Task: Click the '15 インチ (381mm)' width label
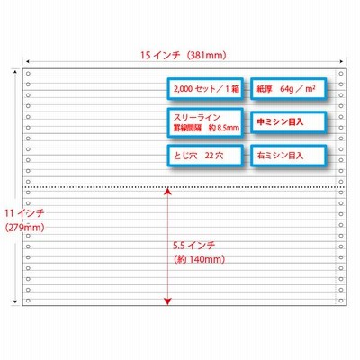click(183, 56)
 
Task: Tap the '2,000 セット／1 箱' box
click(205, 89)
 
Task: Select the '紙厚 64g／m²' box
click(288, 89)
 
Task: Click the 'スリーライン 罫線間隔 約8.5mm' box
click(205, 123)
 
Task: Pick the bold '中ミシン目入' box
click(288, 122)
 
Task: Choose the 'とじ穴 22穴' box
click(205, 156)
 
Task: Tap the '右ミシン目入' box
click(288, 156)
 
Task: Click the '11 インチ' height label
click(24, 213)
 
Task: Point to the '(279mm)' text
click(24, 228)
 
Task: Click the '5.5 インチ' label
click(194, 246)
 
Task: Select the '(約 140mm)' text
click(200, 259)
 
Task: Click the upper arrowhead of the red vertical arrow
click(167, 192)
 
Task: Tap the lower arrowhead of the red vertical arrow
click(167, 301)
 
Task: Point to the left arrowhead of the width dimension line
click(27, 61)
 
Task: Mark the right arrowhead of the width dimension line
click(341, 61)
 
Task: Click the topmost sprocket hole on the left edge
click(28, 74)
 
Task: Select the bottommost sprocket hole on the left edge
click(28, 301)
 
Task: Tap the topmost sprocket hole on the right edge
click(341, 74)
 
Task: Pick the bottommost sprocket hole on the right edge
click(341, 301)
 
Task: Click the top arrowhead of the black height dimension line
click(14, 72)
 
